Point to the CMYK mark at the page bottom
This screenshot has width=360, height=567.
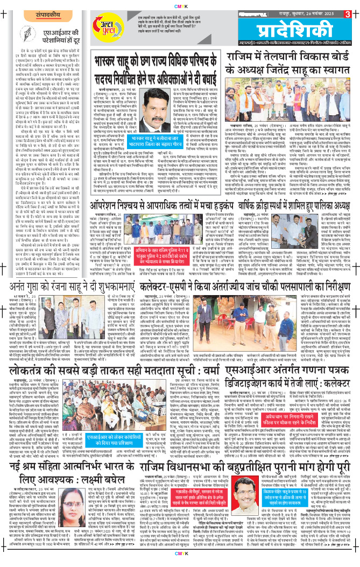point(180,563)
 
